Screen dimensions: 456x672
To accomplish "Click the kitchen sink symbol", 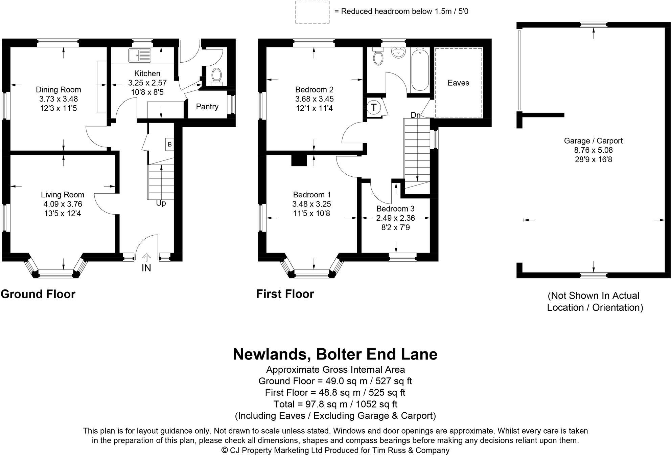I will click(140, 56).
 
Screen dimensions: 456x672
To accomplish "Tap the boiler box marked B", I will click(169, 144).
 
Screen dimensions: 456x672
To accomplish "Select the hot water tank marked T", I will click(374, 107).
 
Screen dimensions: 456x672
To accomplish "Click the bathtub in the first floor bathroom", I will click(420, 69).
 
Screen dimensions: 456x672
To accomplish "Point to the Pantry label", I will click(207, 107).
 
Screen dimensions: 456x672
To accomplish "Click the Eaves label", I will click(458, 83).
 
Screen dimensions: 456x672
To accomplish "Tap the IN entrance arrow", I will click(146, 258).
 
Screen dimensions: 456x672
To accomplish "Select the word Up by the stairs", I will click(161, 203).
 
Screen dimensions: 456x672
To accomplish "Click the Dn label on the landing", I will click(416, 115).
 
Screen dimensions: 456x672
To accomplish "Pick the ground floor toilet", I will click(216, 76).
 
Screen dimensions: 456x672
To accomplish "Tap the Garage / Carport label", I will click(593, 141).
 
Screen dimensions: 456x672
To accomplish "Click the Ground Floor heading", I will click(38, 294).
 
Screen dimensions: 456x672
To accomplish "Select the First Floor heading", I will click(285, 294).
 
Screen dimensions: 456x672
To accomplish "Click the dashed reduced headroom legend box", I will click(312, 12).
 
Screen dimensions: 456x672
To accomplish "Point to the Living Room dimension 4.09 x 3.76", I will click(63, 204).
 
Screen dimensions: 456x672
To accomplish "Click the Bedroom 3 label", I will click(395, 209).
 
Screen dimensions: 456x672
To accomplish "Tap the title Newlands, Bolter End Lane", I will click(335, 354).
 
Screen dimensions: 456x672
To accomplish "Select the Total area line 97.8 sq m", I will click(335, 404).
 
